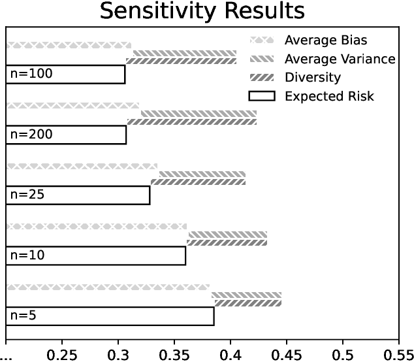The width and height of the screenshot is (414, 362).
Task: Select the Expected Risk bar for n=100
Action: click(65, 74)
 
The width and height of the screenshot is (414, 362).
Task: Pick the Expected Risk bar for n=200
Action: click(66, 135)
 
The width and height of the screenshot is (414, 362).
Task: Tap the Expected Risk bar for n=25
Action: click(78, 195)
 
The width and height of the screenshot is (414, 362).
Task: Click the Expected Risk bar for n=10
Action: click(95, 255)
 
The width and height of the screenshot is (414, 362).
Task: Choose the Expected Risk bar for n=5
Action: click(110, 316)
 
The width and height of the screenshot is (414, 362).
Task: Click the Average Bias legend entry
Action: click(322, 40)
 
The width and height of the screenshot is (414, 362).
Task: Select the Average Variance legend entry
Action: click(339, 59)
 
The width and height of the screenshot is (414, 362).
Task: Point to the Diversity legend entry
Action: click(312, 78)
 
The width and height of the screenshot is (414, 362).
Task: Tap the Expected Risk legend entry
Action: click(329, 97)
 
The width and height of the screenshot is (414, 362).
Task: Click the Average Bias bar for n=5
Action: click(108, 287)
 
